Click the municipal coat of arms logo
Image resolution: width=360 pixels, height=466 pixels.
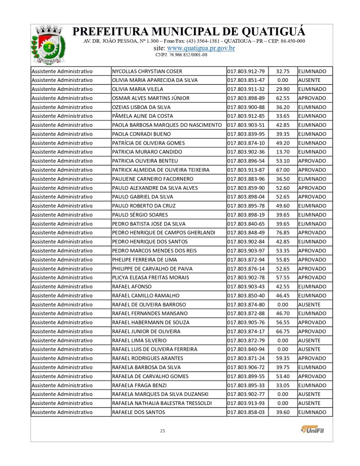tap(46, 45)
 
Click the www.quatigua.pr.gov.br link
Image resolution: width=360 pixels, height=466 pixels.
tap(201, 48)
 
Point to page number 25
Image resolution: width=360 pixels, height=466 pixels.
tap(162, 431)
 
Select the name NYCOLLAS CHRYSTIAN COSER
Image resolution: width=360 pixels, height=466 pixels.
tap(147, 71)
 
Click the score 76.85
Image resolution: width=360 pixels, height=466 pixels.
tap(283, 233)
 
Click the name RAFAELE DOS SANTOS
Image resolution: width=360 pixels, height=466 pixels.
tap(138, 412)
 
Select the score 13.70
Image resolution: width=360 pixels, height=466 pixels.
tap(283, 152)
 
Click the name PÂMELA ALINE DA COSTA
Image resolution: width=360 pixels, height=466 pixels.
tap(142, 116)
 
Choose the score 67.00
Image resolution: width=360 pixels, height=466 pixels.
tap(283, 170)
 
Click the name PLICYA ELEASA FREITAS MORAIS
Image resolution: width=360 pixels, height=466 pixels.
tap(151, 278)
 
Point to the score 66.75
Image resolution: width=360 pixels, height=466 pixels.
tap(283, 331)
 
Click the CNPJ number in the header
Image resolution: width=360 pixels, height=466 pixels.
tap(181, 55)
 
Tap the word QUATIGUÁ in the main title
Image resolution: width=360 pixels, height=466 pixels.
tap(272, 32)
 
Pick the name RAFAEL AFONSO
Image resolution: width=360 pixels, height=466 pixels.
tap(130, 287)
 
